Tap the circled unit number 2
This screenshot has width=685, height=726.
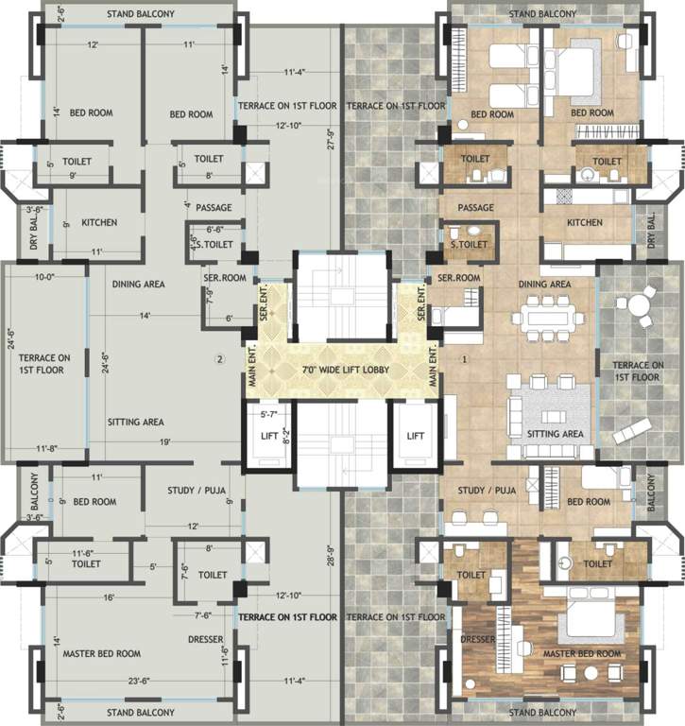(218, 359)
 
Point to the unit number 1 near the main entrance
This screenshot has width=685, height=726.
(464, 359)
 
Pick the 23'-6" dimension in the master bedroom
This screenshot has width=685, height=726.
(140, 680)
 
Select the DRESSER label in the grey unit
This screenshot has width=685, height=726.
(205, 640)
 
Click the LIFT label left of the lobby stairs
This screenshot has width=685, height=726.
(269, 436)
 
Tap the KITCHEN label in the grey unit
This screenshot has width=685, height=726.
(99, 222)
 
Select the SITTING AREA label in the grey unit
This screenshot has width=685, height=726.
(136, 423)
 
